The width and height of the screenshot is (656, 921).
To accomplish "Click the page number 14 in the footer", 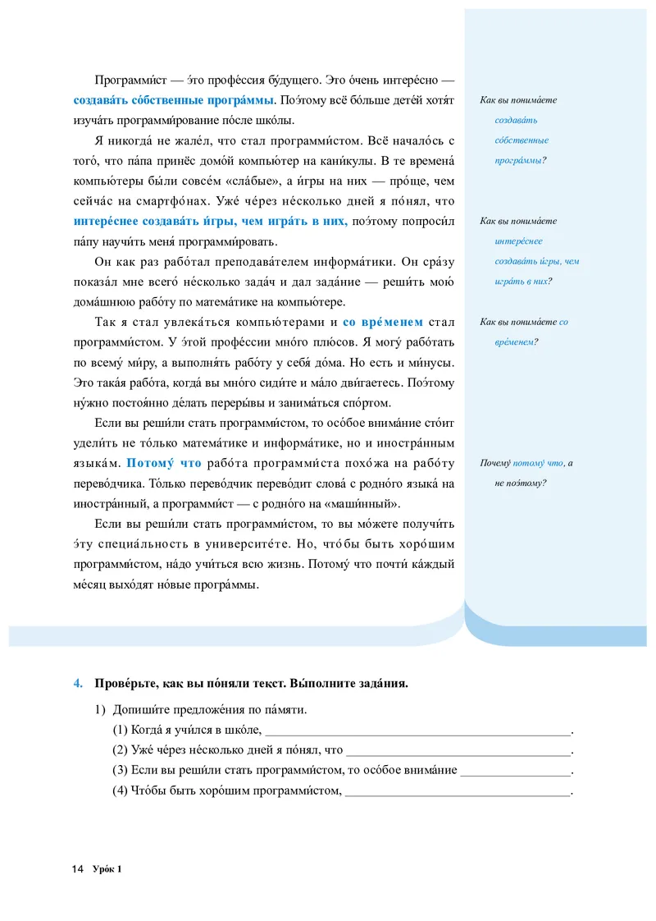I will click(78, 869).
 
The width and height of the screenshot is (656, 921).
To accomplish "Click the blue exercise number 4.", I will click(77, 683).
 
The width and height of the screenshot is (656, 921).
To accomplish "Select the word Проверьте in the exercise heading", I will click(122, 683).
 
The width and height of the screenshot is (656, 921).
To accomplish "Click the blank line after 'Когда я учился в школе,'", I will click(417, 731).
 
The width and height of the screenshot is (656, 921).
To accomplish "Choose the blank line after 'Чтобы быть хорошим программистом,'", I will click(457, 792).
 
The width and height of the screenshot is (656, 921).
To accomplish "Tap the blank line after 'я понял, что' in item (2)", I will click(458, 751).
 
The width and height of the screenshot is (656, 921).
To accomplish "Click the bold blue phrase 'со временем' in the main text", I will click(383, 323).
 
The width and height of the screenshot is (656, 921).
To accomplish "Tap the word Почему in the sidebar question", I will click(495, 464).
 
